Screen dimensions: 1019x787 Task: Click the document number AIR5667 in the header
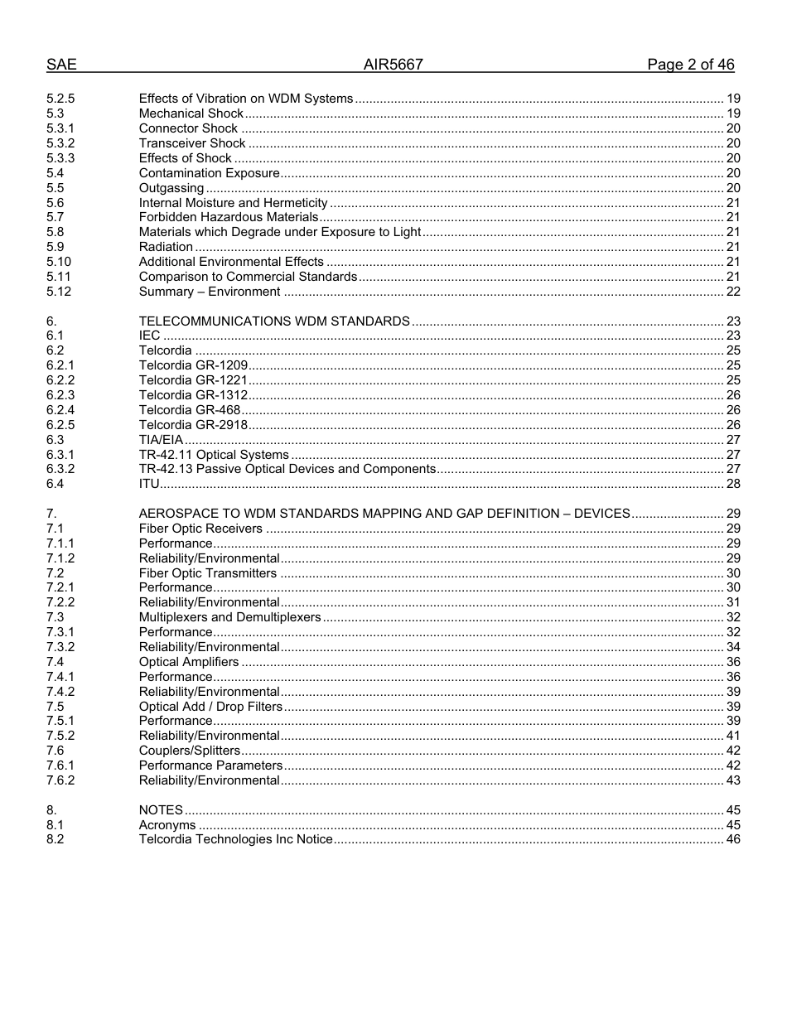click(393, 65)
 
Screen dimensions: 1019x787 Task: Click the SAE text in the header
click(61, 65)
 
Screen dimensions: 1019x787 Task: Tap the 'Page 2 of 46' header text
click(690, 65)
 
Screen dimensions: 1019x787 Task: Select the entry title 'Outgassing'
click(171, 188)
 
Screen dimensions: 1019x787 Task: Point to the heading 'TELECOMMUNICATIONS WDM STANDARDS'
click(274, 321)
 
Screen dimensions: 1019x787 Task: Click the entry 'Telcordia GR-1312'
click(193, 395)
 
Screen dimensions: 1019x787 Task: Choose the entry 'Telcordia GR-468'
click(190, 410)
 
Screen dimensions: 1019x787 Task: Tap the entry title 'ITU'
click(149, 484)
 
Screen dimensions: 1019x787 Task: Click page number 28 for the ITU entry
click(732, 484)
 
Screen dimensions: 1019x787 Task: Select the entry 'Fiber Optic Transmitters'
click(208, 573)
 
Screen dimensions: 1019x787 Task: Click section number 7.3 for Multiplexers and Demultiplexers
click(56, 617)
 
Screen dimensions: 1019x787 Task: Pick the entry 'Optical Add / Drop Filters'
click(210, 707)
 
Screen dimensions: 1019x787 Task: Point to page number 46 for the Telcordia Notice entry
click(732, 839)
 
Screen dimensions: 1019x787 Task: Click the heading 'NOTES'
click(161, 810)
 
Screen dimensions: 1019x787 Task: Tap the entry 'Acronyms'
click(167, 825)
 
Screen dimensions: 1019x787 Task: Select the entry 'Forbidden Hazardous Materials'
click(229, 217)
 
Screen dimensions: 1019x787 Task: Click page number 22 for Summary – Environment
click(732, 292)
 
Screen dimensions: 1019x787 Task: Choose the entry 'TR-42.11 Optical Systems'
click(214, 455)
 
